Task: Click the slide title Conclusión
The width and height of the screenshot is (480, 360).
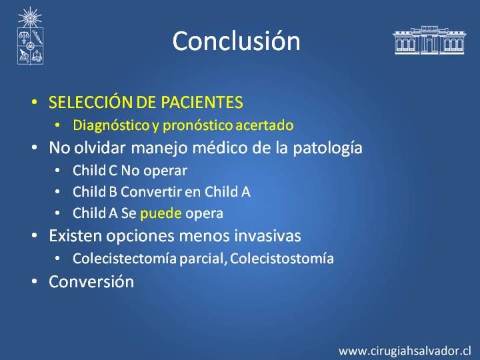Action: (236, 41)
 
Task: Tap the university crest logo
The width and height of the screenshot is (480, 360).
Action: (30, 36)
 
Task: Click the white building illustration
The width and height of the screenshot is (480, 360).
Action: (429, 40)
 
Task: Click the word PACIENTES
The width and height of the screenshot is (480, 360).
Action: (202, 102)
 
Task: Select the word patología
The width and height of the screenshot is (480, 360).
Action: (327, 148)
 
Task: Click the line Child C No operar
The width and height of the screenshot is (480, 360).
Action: (130, 171)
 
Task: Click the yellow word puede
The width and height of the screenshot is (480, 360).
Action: (161, 214)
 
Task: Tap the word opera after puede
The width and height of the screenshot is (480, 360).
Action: (204, 214)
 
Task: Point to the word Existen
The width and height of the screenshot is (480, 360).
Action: (75, 236)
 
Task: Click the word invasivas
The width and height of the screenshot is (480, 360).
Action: (267, 236)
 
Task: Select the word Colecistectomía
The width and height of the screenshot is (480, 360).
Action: (125, 259)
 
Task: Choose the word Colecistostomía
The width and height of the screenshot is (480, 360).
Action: (281, 259)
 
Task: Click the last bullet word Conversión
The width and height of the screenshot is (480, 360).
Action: (91, 281)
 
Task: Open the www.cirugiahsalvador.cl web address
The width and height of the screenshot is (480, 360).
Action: (405, 351)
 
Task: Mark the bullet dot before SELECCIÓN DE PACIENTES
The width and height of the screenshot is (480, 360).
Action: (35, 102)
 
